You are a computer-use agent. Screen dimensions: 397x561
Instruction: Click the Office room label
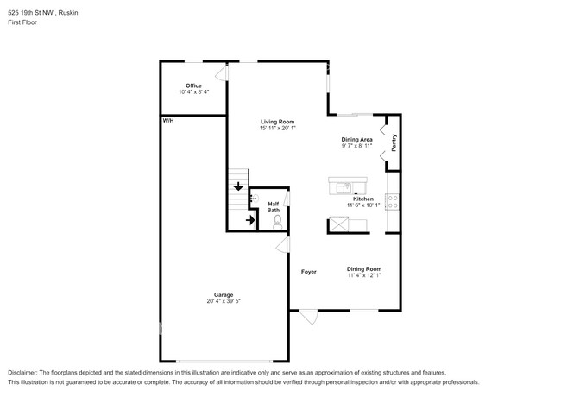193,85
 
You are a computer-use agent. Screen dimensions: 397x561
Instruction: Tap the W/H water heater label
167,121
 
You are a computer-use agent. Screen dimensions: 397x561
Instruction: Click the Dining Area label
356,139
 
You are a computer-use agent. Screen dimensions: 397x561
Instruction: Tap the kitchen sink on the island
345,186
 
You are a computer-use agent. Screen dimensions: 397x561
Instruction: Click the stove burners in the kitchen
393,204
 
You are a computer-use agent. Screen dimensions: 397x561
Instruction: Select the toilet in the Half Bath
277,221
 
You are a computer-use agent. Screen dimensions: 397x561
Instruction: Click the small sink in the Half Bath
254,198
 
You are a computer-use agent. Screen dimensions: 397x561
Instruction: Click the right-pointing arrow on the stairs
249,220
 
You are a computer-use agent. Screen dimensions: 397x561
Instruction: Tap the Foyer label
308,272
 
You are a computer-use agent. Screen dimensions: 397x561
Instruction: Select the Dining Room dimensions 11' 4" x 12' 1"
364,276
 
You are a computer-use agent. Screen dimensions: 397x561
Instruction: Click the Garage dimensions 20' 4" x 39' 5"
224,301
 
